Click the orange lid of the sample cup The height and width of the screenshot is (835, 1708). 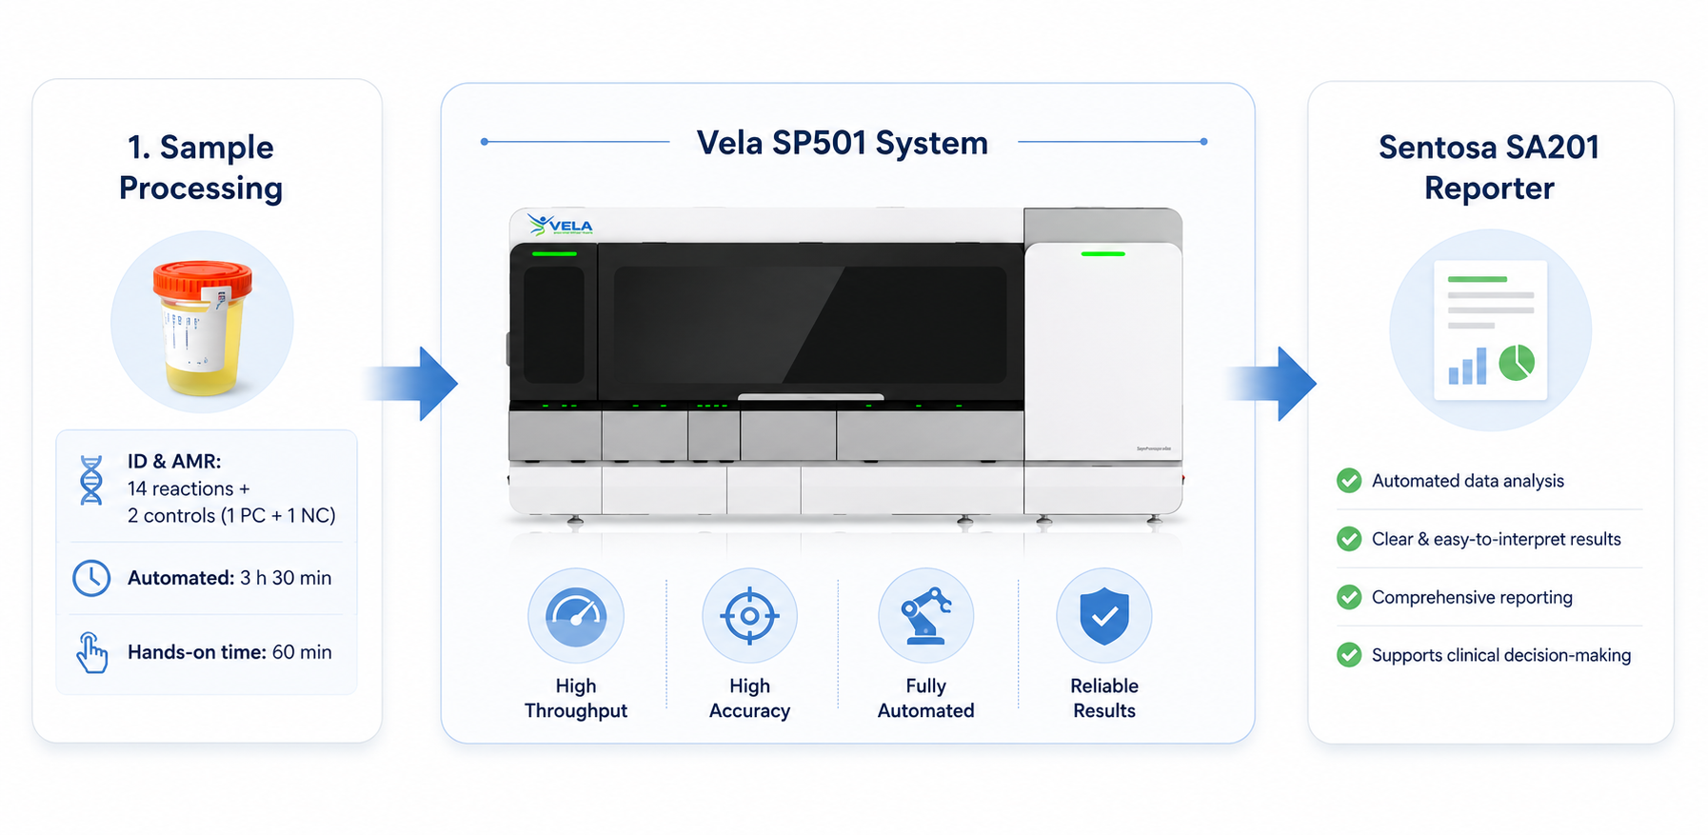pos(203,279)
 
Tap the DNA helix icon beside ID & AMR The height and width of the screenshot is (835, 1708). pos(91,480)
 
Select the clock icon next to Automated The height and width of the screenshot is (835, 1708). pos(91,578)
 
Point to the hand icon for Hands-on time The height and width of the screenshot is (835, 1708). pos(92,653)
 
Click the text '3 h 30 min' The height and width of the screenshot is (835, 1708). pos(286,578)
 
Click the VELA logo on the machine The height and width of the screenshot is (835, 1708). pos(561,225)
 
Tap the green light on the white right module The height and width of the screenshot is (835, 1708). pos(1102,254)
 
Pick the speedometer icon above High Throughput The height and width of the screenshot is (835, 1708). pos(576,615)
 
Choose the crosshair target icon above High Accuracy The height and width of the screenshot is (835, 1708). pos(749,615)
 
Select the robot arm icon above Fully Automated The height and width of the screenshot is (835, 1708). pos(925,615)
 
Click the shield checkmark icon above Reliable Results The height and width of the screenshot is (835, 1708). pos(1104,615)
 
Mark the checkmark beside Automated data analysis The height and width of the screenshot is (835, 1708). pos(1349,481)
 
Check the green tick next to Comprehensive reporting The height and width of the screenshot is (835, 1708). pos(1349,597)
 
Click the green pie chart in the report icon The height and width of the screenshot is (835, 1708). pos(1517,363)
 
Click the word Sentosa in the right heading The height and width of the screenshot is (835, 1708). pos(1435,148)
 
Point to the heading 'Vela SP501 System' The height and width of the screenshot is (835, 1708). pos(843,143)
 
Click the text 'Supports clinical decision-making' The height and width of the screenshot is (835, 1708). pos(1501,655)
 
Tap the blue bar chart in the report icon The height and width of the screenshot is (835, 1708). pos(1467,367)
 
